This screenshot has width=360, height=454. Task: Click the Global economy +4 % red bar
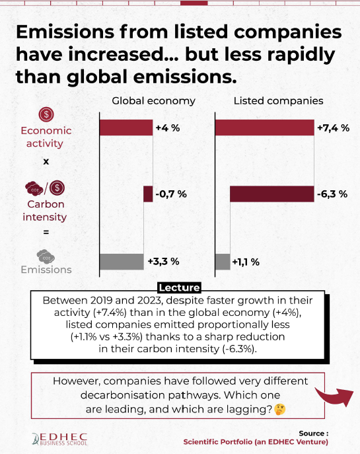pos(126,128)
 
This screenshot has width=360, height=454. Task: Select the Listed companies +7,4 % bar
pos(265,128)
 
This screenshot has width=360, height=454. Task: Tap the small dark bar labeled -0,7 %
pos(148,194)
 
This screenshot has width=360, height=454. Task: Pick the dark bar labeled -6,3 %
pos(272,194)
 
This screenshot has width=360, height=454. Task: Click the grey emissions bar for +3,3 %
pos(122,262)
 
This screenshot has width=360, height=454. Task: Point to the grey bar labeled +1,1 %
pos(223,262)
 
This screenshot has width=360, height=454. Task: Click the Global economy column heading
pos(154,100)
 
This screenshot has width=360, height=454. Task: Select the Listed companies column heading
pos(278,100)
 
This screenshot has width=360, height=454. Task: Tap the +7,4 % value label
pos(334,128)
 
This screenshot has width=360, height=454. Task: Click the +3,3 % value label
pos(164,262)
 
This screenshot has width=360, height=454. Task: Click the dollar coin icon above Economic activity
pos(46,114)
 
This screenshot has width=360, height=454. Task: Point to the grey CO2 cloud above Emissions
pos(46,257)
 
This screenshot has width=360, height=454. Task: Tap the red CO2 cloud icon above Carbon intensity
pos(34,188)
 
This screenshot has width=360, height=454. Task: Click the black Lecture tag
pos(180,287)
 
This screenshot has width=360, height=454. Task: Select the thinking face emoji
pos(280,410)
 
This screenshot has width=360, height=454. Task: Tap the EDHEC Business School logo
pos(59,439)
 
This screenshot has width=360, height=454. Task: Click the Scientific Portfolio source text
pos(256,442)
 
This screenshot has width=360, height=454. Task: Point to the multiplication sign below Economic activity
pos(46,161)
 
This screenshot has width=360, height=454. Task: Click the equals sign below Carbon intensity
pos(46,232)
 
